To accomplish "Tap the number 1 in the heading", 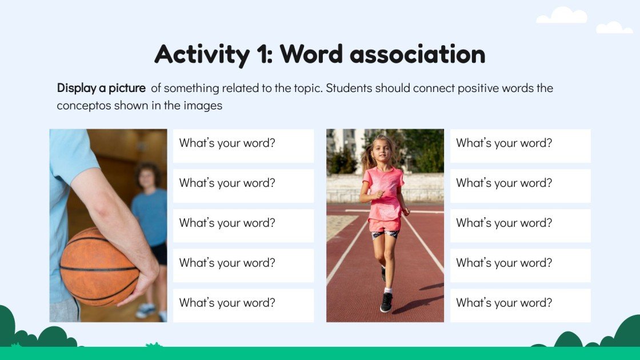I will pos(258,54).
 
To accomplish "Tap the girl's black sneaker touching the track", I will pos(387,303).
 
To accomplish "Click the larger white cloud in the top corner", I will pos(562,16).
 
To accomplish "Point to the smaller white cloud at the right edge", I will pos(614,27).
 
